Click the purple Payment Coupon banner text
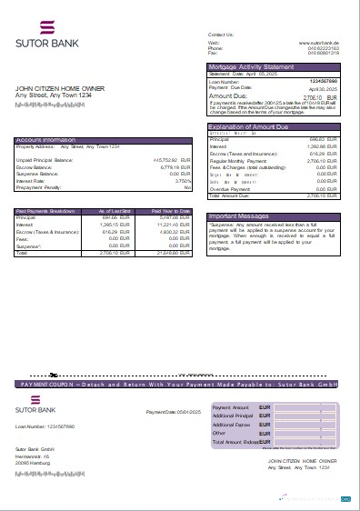180,385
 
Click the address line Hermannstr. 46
34,456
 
